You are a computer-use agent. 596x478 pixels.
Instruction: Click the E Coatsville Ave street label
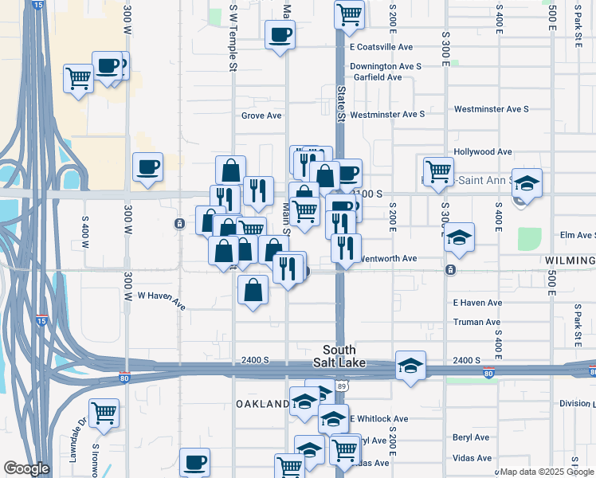tap(381, 47)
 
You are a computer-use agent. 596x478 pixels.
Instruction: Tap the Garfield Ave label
tap(378, 77)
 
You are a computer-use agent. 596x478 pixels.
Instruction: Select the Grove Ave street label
tap(261, 116)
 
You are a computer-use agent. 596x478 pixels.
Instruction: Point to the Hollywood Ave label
tap(482, 151)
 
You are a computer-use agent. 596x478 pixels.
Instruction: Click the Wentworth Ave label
tap(389, 258)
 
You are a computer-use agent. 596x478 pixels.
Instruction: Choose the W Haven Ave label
tap(161, 300)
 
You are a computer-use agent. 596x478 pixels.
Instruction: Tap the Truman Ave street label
tap(476, 322)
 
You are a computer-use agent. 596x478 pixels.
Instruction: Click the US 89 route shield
tap(342, 386)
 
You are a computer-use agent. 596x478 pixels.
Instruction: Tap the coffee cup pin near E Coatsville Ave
tap(280, 35)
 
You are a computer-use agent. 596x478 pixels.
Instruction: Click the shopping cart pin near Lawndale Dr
tap(104, 413)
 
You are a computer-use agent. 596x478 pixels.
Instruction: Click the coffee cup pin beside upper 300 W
tap(147, 167)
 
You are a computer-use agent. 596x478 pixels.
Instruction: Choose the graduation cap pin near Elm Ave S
tap(458, 237)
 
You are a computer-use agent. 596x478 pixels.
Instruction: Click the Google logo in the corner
tap(26, 469)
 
